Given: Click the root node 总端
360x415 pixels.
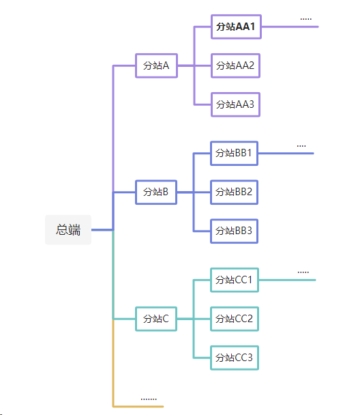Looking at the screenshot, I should coord(68,230).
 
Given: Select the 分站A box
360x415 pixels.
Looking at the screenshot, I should coord(156,66).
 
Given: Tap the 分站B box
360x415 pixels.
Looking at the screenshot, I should coord(156,192).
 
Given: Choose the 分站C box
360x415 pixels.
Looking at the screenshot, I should coord(156,319).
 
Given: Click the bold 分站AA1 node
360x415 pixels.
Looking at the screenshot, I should coord(235,27).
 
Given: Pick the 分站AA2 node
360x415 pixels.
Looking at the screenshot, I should coord(235,66).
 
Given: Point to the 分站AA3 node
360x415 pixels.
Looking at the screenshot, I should coord(235,104).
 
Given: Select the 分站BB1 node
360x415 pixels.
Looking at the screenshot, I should coord(234,153).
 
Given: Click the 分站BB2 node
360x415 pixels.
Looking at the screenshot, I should coord(234,192).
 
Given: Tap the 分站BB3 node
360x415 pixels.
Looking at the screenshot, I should coord(234,231).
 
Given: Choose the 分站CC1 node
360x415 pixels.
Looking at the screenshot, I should coord(234,280).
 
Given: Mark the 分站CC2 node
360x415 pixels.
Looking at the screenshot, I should coord(234,319).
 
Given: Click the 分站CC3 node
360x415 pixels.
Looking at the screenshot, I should coord(234,357).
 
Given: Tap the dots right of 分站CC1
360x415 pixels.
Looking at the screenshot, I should coord(303,272).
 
